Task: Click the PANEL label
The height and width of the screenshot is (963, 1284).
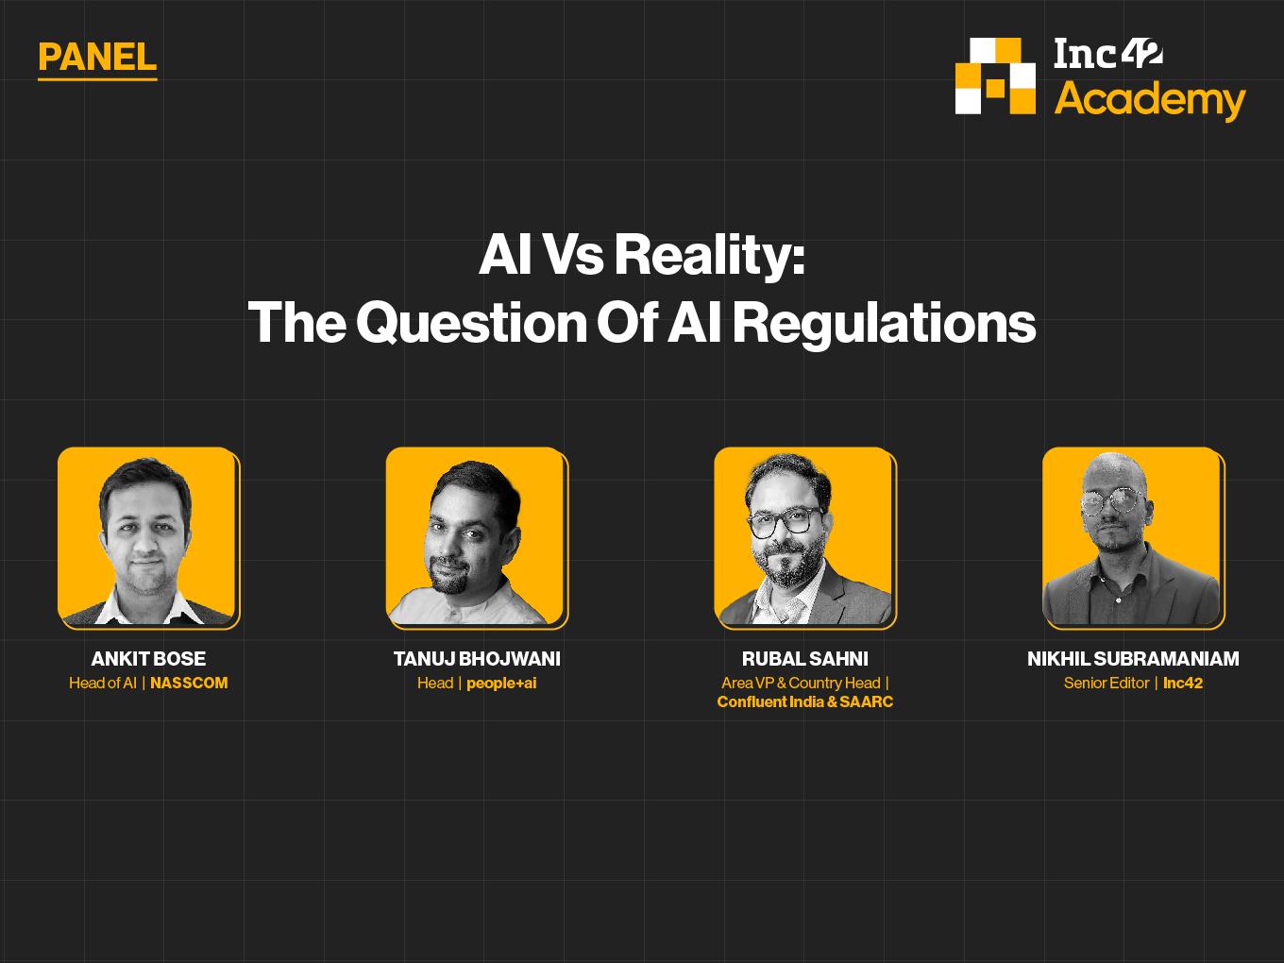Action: click(x=97, y=58)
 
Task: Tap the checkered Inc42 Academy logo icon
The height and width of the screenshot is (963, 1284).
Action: click(x=995, y=76)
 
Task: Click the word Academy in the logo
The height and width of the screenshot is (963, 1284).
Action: click(x=1150, y=100)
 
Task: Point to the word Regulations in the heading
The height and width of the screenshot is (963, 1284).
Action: click(x=884, y=324)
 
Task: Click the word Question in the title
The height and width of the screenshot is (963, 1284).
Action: click(x=471, y=323)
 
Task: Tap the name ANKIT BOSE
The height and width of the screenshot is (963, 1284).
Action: click(x=148, y=659)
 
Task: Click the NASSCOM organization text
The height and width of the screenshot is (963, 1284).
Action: click(x=189, y=683)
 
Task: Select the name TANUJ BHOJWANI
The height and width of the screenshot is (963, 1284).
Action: click(x=477, y=659)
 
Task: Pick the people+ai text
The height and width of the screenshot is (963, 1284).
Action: click(x=501, y=684)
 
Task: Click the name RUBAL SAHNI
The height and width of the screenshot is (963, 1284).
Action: click(x=805, y=659)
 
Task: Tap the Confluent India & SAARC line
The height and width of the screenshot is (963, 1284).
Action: click(x=805, y=701)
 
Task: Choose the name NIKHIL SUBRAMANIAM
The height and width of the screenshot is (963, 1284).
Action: click(x=1133, y=659)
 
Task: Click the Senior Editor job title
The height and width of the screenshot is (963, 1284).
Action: click(x=1107, y=683)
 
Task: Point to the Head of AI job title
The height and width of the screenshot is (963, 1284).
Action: click(x=103, y=683)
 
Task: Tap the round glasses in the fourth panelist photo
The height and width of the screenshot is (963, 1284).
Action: click(x=1112, y=501)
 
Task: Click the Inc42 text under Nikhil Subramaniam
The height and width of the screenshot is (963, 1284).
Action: click(x=1183, y=683)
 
